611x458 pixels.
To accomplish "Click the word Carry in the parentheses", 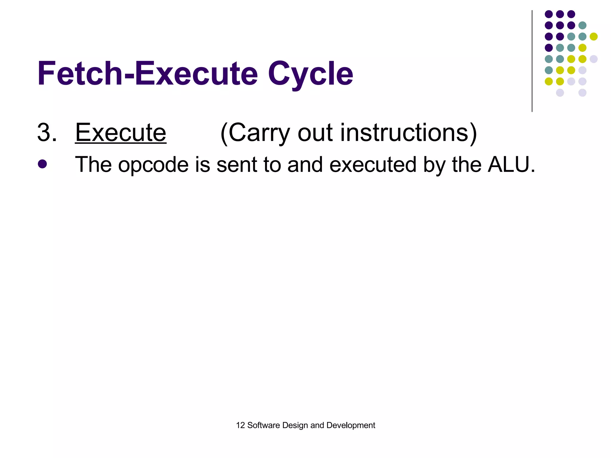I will pyautogui.click(x=259, y=133).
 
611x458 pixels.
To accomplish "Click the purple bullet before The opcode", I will pyautogui.click(x=42, y=164).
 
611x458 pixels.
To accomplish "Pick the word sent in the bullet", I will pyautogui.click(x=237, y=165).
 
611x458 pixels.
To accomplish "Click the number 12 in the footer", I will pyautogui.click(x=240, y=425).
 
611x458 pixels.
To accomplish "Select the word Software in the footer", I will pyautogui.click(x=263, y=425).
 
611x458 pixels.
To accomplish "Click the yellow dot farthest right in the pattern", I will pyautogui.click(x=593, y=37).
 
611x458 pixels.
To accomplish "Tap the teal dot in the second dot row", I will pyautogui.click(x=582, y=25).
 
